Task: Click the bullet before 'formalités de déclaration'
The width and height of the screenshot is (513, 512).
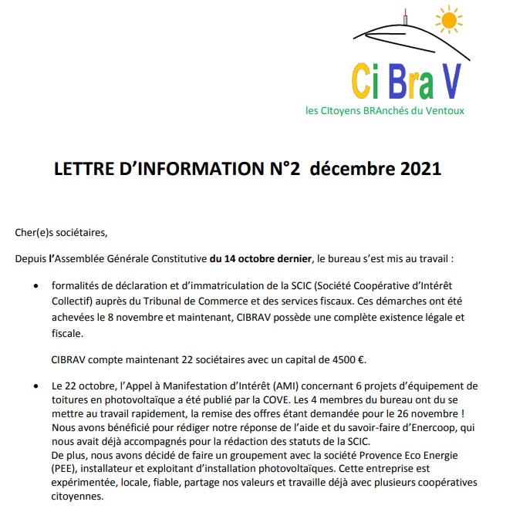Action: coord(35,284)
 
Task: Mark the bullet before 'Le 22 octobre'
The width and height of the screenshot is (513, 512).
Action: coord(35,386)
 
